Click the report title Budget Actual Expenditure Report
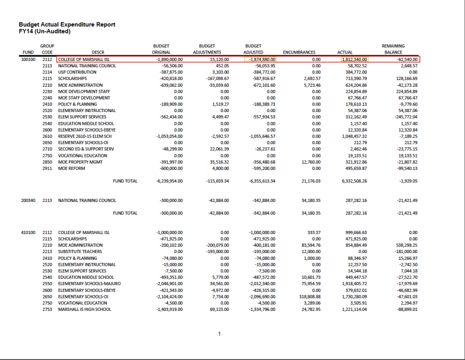coord(67,24)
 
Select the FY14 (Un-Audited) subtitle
coord(44,32)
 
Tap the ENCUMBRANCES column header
coord(299,52)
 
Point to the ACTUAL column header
coord(345,52)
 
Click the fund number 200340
coord(28,200)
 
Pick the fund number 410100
coord(28,232)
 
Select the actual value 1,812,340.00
coord(354,59)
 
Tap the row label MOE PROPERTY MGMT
coord(80,162)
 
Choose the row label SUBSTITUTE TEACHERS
coord(81,252)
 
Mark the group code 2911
coord(47,168)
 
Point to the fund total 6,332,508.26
coord(354,181)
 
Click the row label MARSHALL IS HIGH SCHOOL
coord(84,309)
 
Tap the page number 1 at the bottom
coord(219,334)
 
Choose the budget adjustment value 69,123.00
coord(219,309)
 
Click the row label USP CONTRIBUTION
coord(77,72)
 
